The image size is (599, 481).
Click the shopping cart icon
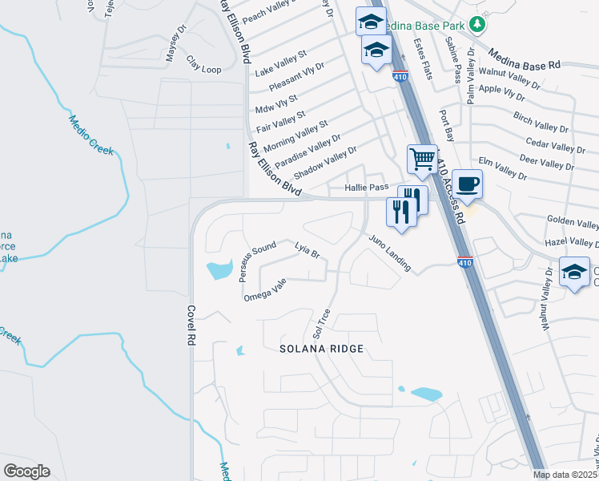(x=422, y=158)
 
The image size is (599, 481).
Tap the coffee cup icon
(x=467, y=184)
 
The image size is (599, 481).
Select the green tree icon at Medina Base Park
(x=477, y=24)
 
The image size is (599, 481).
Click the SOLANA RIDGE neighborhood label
(x=321, y=349)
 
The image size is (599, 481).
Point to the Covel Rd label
(x=191, y=325)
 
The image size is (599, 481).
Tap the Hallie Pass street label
(x=366, y=187)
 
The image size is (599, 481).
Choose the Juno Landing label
(x=390, y=253)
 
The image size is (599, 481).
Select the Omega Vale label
(x=265, y=290)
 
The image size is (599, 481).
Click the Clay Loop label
(x=203, y=64)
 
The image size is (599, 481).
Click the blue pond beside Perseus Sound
(x=219, y=270)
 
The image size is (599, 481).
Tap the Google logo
(x=26, y=471)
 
